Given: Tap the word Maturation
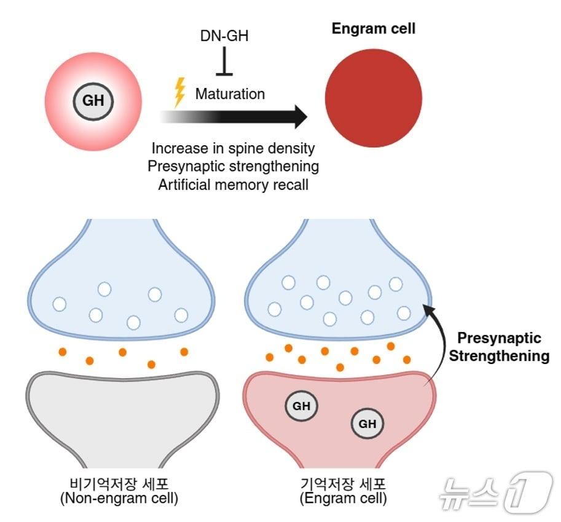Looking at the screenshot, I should click(230, 94).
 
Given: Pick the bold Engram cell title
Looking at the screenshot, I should click(373, 28).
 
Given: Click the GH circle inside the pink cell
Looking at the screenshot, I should click(93, 100).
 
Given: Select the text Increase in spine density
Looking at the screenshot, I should click(233, 148).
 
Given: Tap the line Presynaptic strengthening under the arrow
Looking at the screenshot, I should click(234, 166).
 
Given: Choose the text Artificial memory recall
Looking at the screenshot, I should click(233, 184).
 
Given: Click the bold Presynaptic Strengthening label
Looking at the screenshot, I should click(499, 347).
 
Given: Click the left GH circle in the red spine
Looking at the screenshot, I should click(301, 406).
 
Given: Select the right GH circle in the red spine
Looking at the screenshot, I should click(367, 424).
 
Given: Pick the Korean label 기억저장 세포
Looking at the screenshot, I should click(343, 483).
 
